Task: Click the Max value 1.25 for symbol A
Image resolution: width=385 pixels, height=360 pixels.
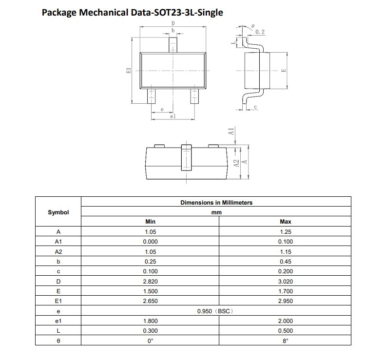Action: click(285, 232)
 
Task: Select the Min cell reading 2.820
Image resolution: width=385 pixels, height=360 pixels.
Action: click(150, 282)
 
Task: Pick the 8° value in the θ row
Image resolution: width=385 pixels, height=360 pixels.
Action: click(285, 341)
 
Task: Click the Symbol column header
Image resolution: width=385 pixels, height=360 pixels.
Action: click(58, 212)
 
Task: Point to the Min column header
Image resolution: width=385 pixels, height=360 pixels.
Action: click(150, 222)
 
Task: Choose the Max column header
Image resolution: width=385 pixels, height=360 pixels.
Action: click(285, 222)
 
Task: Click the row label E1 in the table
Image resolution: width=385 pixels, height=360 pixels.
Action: click(58, 301)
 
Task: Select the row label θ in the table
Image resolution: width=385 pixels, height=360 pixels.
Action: click(58, 341)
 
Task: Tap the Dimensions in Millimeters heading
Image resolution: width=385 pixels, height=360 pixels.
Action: click(216, 203)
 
